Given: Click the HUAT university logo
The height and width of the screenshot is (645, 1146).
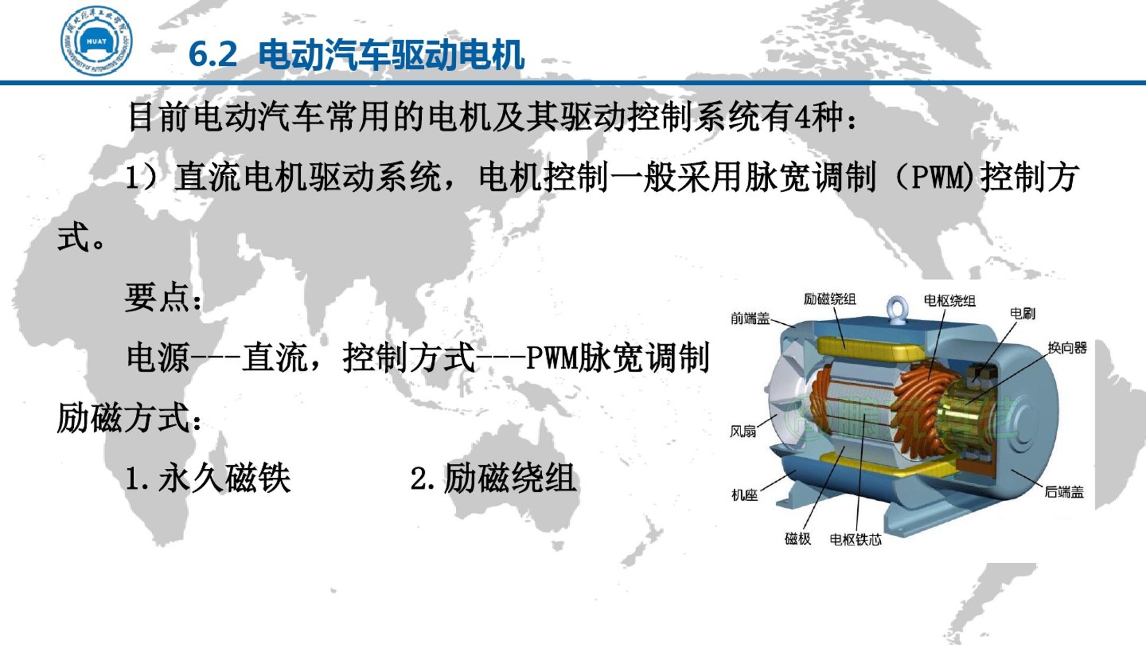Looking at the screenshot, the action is click(x=97, y=41).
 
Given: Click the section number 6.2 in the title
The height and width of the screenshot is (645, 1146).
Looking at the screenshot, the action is click(x=213, y=54).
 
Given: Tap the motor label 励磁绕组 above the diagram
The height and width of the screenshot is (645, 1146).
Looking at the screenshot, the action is click(x=830, y=299).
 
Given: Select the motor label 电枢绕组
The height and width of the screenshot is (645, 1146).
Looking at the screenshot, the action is click(x=950, y=301).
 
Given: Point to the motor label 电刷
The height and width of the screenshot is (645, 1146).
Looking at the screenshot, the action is click(x=1022, y=313).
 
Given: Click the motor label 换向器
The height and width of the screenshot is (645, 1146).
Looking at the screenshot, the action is click(x=1067, y=348).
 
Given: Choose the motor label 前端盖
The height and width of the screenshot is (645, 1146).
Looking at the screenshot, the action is click(x=750, y=319).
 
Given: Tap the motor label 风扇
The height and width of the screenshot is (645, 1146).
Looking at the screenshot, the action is click(x=743, y=431).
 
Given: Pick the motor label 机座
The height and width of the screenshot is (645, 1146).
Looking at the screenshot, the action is click(x=744, y=495).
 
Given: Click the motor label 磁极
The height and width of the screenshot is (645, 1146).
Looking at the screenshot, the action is click(x=797, y=539).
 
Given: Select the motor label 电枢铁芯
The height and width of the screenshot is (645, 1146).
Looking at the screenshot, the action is click(x=855, y=540).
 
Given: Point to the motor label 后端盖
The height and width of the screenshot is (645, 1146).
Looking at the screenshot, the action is click(x=1064, y=492).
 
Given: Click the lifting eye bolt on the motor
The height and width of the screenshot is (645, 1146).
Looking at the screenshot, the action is click(x=897, y=307).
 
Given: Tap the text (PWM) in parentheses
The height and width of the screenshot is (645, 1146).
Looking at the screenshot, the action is click(x=935, y=177).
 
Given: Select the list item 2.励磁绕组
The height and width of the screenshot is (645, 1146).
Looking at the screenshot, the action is click(x=493, y=478).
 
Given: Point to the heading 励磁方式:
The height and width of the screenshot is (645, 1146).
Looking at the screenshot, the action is click(x=129, y=418).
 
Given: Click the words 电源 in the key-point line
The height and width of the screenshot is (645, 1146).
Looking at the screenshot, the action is click(x=158, y=357).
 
